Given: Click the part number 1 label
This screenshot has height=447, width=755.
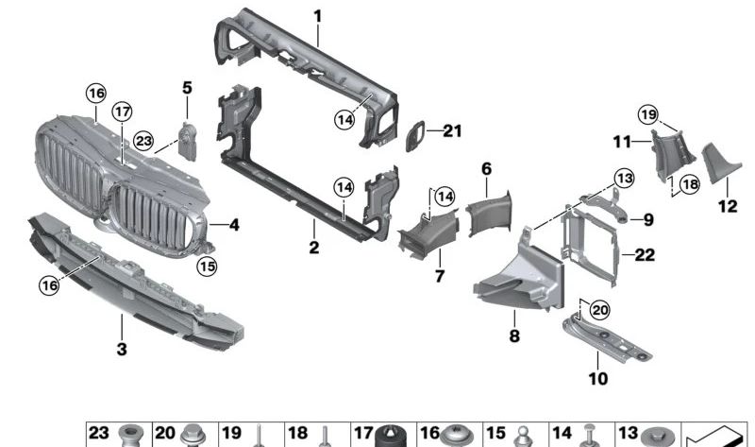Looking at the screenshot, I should coord(318,16).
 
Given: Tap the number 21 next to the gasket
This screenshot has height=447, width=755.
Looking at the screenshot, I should coord(453,131).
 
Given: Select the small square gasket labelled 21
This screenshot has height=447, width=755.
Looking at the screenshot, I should coord(416,138).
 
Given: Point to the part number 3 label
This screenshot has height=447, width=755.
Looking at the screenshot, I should coord(122,350).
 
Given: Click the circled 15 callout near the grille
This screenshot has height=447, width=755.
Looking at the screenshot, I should coord(207,266).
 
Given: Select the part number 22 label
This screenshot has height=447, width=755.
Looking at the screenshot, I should coord(644,255).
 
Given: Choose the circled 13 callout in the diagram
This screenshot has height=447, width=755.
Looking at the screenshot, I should coord(622,178).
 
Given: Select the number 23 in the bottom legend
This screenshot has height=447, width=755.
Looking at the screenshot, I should coord(100,433).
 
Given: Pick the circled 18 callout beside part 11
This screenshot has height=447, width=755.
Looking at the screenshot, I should coord(690,184).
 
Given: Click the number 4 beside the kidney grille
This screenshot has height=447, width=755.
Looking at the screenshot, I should coord(234,225).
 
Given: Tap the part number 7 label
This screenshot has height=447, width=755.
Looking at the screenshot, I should coord(439,276).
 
